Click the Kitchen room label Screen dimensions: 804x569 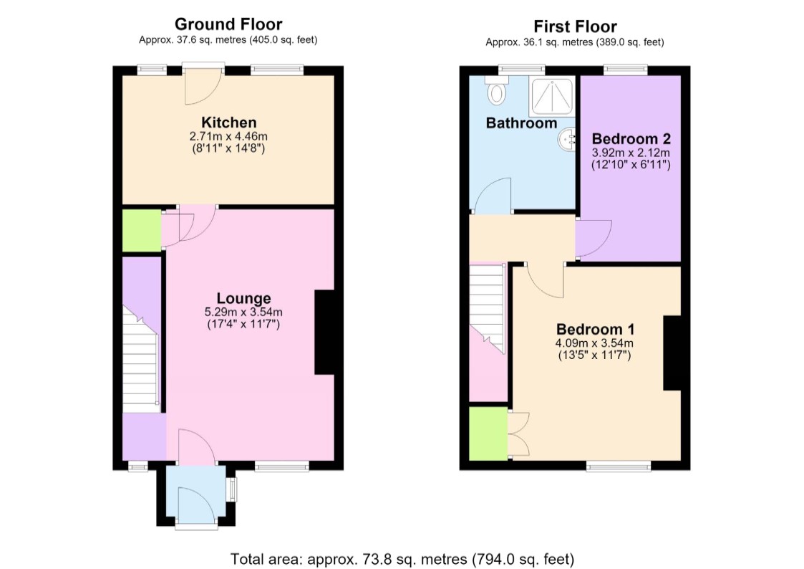click(228, 123)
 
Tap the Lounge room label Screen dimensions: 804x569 click(243, 298)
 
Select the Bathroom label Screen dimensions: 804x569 click(521, 123)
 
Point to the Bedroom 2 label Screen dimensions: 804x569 click(631, 138)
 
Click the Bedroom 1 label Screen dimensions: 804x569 click(596, 329)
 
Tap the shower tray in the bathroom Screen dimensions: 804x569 click(552, 97)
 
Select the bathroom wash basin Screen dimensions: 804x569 click(566, 140)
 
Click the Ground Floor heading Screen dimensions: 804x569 click(228, 24)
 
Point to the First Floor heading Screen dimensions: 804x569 click(575, 27)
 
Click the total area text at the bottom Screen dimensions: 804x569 click(402, 559)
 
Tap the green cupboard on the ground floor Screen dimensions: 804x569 click(142, 230)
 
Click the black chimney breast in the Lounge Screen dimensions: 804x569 click(325, 333)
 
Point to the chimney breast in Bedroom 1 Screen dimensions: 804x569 click(672, 353)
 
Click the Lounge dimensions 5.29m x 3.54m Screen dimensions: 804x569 click(243, 312)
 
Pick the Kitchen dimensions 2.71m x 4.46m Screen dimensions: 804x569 click(228, 136)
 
